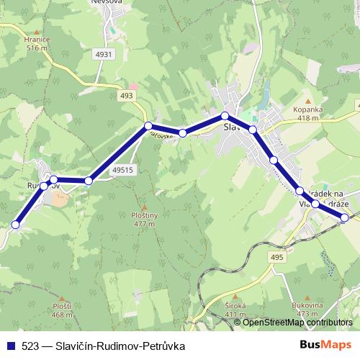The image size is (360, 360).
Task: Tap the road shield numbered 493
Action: tap(127, 95)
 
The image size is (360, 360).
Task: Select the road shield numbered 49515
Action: tap(124, 170)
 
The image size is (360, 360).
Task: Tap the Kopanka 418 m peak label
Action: tap(307, 114)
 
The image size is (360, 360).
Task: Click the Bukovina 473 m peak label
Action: tap(305, 310)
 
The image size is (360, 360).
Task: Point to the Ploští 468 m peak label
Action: tap(62, 310)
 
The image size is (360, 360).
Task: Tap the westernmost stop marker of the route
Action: tap(16, 225)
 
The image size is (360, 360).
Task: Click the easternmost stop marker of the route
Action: tap(345, 217)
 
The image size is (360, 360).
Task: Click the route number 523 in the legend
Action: tap(30, 346)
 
